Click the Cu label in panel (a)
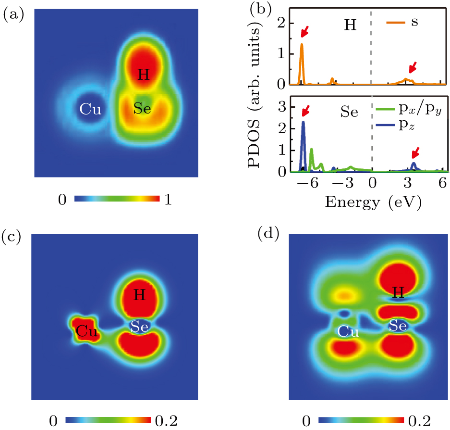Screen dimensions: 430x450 [90, 110]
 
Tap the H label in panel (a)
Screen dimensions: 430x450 [143, 75]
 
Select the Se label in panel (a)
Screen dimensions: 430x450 [143, 109]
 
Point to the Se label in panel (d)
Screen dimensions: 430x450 [398, 326]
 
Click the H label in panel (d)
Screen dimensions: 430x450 [397, 292]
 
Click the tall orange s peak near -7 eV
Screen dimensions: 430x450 [302, 46]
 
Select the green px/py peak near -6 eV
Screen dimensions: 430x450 [312, 151]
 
